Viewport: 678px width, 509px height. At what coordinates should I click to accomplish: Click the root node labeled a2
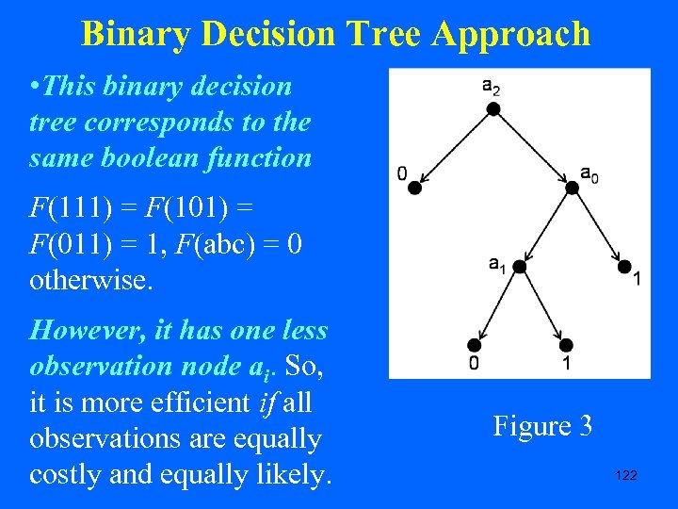(492, 109)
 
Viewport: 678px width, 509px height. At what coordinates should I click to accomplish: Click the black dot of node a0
(572, 189)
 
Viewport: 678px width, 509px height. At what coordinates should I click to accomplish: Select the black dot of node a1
(519, 267)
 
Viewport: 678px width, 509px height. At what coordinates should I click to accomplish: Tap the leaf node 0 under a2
(414, 189)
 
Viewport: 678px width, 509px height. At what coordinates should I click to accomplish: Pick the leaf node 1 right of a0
(624, 267)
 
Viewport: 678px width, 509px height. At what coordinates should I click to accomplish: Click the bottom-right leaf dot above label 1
(567, 345)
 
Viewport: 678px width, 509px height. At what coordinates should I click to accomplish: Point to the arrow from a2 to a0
(532, 149)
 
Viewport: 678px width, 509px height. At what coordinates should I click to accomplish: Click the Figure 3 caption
(542, 426)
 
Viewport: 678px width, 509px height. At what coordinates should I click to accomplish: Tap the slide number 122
(625, 475)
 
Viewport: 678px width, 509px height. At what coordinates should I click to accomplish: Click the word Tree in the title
(386, 34)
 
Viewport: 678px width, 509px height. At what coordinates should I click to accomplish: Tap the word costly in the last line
(68, 474)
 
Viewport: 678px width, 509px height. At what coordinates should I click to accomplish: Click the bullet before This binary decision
(35, 87)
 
